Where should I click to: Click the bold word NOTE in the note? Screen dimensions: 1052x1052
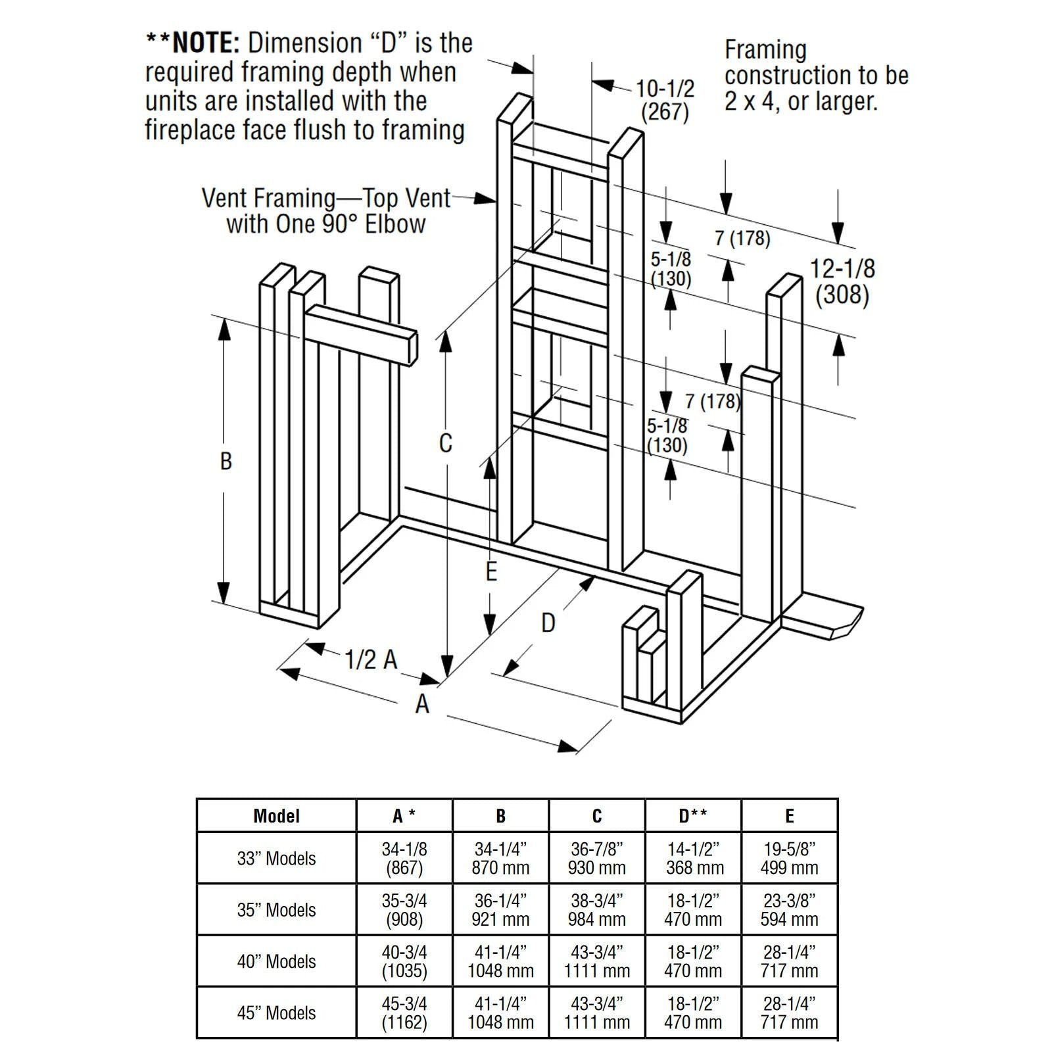205,43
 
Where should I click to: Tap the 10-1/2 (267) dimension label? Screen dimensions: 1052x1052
665,100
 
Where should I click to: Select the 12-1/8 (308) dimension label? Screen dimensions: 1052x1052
842,281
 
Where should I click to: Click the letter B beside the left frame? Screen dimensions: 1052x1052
226,461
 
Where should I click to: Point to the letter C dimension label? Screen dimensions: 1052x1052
446,443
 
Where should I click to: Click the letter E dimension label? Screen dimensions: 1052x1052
491,572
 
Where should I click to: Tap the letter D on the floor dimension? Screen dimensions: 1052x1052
548,623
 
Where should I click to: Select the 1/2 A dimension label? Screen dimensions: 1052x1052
371,659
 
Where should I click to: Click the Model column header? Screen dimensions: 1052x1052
276,816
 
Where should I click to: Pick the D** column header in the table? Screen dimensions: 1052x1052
693,816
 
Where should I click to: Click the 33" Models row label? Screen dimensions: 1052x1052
276,858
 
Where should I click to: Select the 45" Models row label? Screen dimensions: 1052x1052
276,1013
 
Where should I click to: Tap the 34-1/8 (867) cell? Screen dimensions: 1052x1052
404,858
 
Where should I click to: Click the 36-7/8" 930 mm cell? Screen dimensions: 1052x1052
596,858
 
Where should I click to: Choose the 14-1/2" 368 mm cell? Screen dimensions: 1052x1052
693,858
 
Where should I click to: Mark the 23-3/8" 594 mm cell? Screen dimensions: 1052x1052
789,910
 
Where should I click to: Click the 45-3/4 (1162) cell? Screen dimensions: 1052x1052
404,1013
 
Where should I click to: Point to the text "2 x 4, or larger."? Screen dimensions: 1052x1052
801,102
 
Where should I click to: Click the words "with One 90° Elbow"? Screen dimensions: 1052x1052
326,224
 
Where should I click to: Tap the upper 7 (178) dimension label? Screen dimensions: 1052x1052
742,238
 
